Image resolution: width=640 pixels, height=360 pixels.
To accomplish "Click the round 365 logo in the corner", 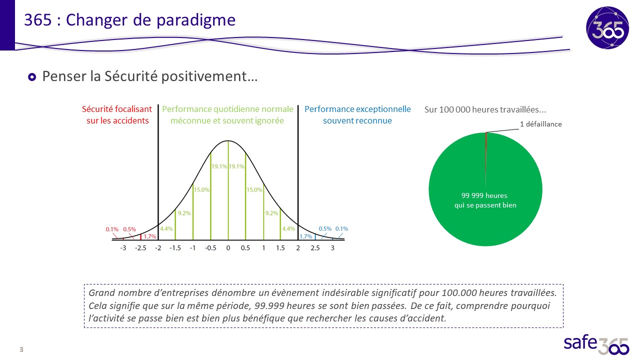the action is pyautogui.click(x=607, y=28).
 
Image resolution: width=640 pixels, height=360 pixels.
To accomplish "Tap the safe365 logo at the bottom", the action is pyautogui.click(x=596, y=344).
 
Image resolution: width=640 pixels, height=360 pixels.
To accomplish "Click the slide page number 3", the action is pyautogui.click(x=21, y=349).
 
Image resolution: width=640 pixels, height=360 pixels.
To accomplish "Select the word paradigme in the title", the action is pyautogui.click(x=195, y=20).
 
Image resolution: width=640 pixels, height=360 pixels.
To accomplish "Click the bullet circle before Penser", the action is pyautogui.click(x=32, y=77).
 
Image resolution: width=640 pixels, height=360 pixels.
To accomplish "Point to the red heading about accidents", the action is pyautogui.click(x=117, y=115).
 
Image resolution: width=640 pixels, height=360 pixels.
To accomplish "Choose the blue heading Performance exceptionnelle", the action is pyautogui.click(x=357, y=115).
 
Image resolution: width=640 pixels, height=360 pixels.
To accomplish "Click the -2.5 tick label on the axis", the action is pyautogui.click(x=140, y=248).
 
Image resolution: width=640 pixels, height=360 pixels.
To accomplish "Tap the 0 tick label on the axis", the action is pyautogui.click(x=228, y=248).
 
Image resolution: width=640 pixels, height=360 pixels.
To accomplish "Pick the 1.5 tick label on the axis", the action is pyautogui.click(x=280, y=248).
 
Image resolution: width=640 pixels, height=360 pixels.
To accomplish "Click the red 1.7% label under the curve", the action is pyautogui.click(x=149, y=236).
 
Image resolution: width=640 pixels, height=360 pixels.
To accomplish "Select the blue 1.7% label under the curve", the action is pyautogui.click(x=305, y=236).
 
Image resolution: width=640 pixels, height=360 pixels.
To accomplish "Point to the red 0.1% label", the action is pyautogui.click(x=112, y=229).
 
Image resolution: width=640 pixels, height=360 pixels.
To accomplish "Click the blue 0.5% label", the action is pyautogui.click(x=325, y=229).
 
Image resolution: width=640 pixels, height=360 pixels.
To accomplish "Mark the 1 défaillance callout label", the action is pyautogui.click(x=541, y=124).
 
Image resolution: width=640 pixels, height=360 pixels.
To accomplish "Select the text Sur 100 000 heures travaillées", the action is pyautogui.click(x=485, y=109).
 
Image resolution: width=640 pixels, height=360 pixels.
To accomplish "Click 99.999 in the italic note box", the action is pyautogui.click(x=269, y=305).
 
